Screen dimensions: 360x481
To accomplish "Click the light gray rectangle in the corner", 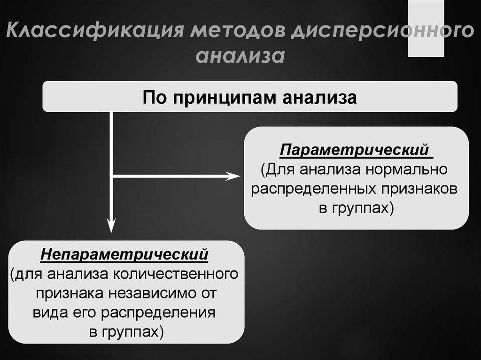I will [x=426, y=28].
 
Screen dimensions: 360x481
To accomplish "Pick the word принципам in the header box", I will [x=224, y=98].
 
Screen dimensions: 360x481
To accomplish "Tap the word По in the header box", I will [x=154, y=98].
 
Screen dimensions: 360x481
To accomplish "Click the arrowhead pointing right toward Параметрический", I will [x=233, y=176].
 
